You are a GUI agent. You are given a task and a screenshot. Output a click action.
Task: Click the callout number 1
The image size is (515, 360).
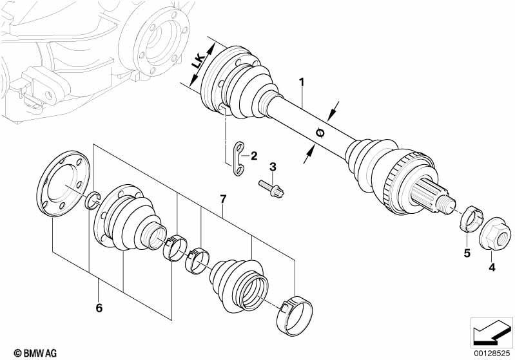pyautogui.click(x=302, y=82)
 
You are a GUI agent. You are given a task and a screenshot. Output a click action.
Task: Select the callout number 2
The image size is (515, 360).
pyautogui.click(x=254, y=156)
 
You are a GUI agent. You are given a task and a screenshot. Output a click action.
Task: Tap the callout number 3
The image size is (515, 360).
pyautogui.click(x=273, y=167)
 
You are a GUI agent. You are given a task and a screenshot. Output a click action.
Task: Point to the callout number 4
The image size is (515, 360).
pyautogui.click(x=492, y=267)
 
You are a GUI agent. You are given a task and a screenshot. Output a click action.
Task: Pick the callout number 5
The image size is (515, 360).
pyautogui.click(x=467, y=252)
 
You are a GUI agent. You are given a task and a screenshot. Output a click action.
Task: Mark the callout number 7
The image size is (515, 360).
pyautogui.click(x=223, y=198)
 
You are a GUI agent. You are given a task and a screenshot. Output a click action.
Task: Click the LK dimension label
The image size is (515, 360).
pyautogui.click(x=199, y=62)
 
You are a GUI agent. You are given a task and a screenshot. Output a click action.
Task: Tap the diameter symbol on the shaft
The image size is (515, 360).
pyautogui.click(x=320, y=133)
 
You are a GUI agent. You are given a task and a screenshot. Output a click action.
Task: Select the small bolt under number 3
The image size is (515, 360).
pyautogui.click(x=271, y=188)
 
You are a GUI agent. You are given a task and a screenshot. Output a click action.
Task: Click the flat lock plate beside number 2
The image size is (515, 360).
pyautogui.click(x=238, y=158)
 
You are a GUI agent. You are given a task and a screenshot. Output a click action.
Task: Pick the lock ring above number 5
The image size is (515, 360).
pyautogui.click(x=470, y=218)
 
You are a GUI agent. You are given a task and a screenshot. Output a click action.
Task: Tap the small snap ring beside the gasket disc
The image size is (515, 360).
pyautogui.click(x=93, y=200)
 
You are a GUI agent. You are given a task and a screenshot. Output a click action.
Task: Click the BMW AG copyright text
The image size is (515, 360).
pyautogui.click(x=35, y=353)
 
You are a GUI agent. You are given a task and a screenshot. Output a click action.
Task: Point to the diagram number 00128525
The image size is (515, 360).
pyautogui.click(x=492, y=353)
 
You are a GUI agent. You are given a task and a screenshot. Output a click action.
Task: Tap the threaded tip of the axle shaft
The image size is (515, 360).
pyautogui.click(x=447, y=202)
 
